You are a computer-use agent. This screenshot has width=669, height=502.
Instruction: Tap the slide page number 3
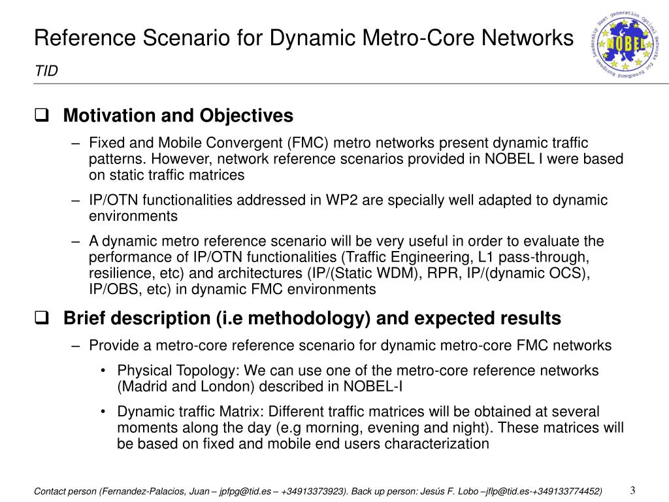click(x=633, y=490)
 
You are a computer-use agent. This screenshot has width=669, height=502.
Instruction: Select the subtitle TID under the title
click(x=46, y=71)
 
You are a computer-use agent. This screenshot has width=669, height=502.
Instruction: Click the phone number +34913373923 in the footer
click(x=310, y=491)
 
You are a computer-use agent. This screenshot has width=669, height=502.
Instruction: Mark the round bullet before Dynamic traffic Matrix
click(x=105, y=412)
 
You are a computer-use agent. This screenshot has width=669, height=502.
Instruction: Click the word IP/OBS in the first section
click(x=111, y=290)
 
